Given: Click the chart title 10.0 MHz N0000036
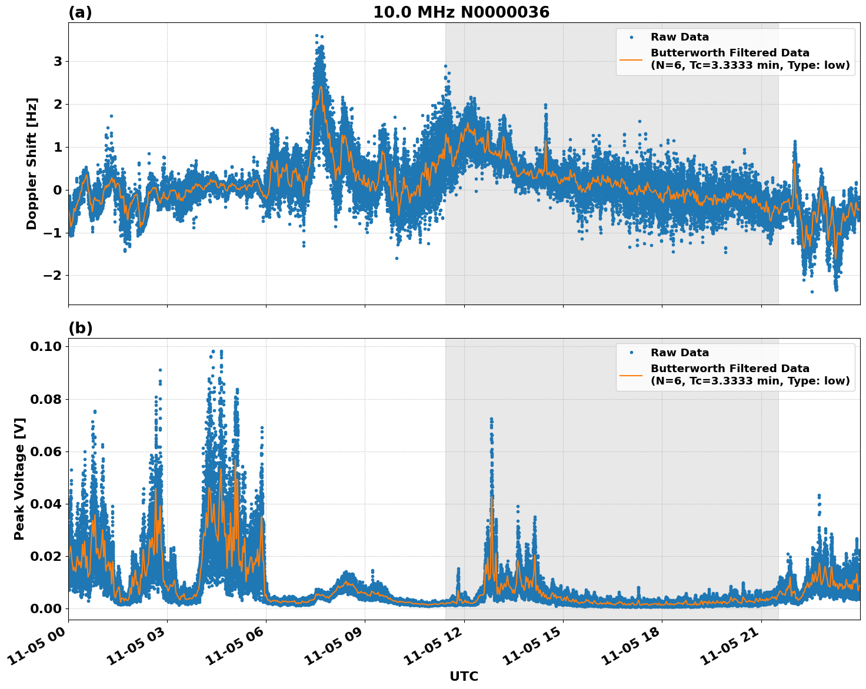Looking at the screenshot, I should point(461,12).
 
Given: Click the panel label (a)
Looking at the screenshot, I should point(80,12).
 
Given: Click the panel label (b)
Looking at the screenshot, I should point(80,328).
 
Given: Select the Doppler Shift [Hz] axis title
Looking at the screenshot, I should point(32,163).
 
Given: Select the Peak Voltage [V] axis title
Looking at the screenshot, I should point(19,479).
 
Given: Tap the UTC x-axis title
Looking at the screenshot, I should point(464,676).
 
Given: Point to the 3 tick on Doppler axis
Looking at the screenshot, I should point(58,62).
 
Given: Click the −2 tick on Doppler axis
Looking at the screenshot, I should point(54,276).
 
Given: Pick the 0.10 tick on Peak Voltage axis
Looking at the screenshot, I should point(45,347).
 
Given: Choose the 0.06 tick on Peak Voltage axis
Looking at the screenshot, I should point(45,451).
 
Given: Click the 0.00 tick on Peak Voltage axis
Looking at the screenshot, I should point(45,608).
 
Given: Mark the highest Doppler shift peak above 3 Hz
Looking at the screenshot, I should point(317,36).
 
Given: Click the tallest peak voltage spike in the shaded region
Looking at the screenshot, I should point(491,419).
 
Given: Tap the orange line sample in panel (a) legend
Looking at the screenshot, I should point(631,59).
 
